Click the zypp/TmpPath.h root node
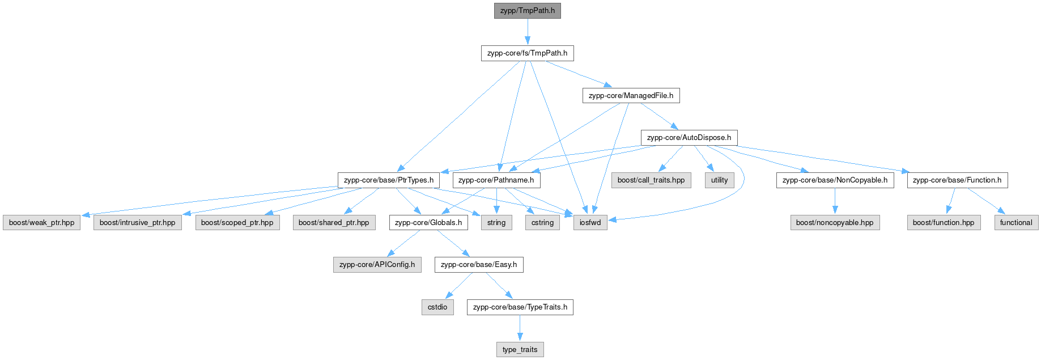[x=527, y=11]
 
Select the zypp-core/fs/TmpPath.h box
[x=527, y=53]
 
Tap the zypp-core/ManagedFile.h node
[x=631, y=95]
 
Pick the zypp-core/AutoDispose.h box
[x=689, y=138]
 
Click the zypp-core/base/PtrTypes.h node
[x=388, y=180]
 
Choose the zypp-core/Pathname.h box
[x=496, y=180]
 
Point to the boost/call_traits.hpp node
[x=651, y=180]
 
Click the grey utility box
[x=719, y=180]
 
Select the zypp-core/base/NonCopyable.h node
[x=835, y=180]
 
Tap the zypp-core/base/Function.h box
[x=957, y=180]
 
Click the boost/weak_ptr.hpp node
[x=41, y=223]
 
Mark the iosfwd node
[x=590, y=223]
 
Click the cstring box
[x=542, y=223]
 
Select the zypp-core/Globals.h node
[x=428, y=223]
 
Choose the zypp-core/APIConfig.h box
[x=377, y=265]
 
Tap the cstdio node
[x=437, y=307]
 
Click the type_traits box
[x=520, y=350]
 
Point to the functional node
[x=1015, y=223]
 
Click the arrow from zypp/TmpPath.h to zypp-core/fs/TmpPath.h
[x=527, y=32]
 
